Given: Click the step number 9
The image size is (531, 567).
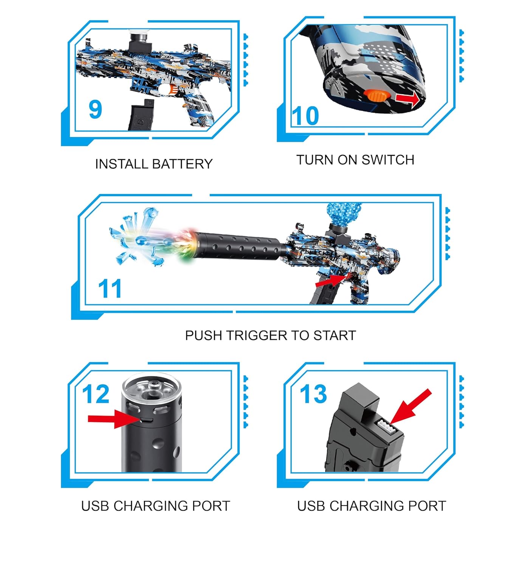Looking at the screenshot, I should pos(95,110).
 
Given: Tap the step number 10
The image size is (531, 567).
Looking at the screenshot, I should pos(305,116).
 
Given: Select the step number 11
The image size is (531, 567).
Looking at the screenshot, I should pos(110,289).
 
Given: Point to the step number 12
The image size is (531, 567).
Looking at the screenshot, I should pos(96,394).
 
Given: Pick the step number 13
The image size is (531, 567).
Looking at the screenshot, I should pos(313,394).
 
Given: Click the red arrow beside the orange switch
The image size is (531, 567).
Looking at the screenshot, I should pos(407,99).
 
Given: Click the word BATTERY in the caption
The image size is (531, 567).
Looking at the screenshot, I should pos(183,164).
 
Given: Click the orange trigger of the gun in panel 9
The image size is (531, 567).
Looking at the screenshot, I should pos(172,90).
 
